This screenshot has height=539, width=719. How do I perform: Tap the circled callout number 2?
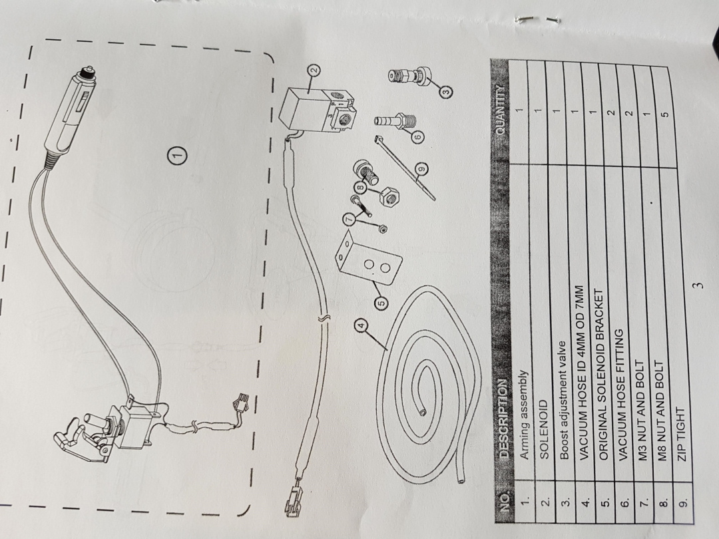pyautogui.click(x=314, y=69)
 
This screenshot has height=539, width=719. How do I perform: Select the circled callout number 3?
pyautogui.click(x=445, y=92)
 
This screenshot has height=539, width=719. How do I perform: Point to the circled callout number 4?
pyautogui.click(x=361, y=325)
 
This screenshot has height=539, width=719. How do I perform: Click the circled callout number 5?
pyautogui.click(x=381, y=303)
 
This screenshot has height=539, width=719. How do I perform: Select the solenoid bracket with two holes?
pyautogui.click(x=367, y=263)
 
